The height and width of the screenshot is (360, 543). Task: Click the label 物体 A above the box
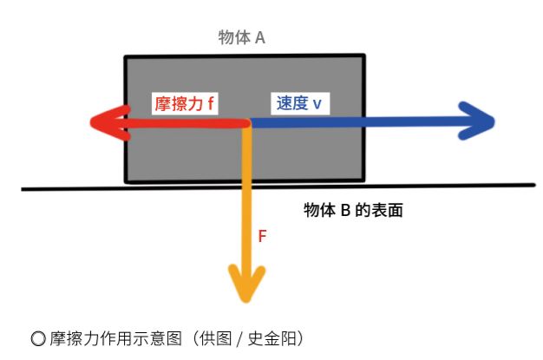click(242, 38)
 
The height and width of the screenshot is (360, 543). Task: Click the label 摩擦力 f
click(183, 103)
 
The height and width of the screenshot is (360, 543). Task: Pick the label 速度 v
click(298, 103)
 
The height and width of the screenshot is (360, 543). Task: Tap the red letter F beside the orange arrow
click(263, 235)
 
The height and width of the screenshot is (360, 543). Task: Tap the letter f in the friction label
click(211, 103)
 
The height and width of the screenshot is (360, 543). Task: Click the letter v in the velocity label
click(317, 104)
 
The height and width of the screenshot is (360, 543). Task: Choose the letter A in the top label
click(259, 38)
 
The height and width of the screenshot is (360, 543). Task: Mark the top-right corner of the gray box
click(365, 57)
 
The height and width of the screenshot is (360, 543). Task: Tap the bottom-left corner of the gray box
click(127, 180)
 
